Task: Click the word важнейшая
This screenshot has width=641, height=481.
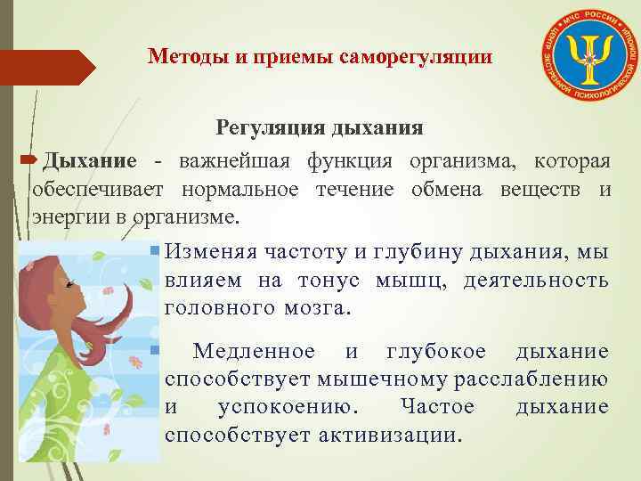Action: pyautogui.click(x=234, y=161)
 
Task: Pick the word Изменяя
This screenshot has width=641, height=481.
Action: pyautogui.click(x=207, y=252)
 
